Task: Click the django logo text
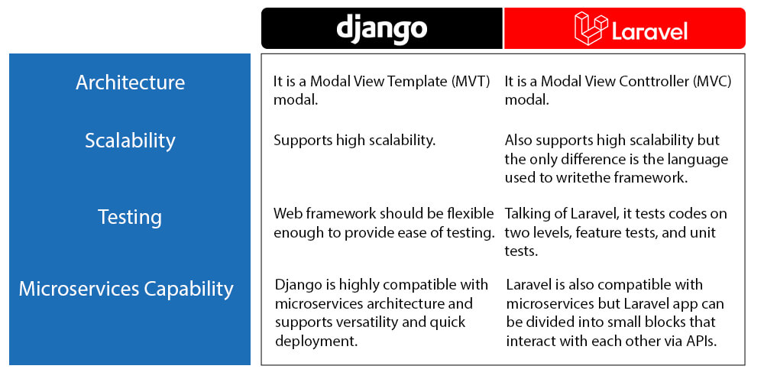point(381,29)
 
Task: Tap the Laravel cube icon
point(591,28)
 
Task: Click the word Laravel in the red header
point(649,31)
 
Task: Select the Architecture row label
point(130,82)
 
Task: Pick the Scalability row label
point(130,141)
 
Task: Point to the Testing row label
point(130,216)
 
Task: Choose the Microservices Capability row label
point(126,289)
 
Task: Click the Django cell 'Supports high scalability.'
point(354,141)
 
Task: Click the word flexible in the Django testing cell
point(470,213)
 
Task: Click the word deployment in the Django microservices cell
point(316,341)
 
